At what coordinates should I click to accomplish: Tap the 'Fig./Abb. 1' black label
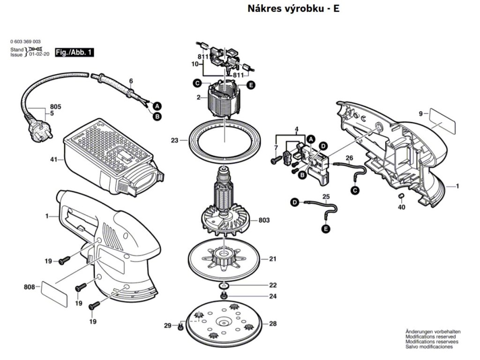(x=74, y=52)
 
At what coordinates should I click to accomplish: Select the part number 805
(x=55, y=107)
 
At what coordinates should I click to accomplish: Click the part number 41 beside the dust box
(x=54, y=160)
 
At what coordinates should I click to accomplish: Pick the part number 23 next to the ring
(x=175, y=140)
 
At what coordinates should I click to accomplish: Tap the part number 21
(x=272, y=258)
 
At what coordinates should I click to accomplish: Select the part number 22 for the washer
(x=272, y=285)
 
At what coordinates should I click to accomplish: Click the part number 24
(x=272, y=296)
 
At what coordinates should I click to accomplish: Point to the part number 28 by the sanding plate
(x=272, y=324)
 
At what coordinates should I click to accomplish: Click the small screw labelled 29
(x=180, y=327)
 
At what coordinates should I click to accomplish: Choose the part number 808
(x=30, y=286)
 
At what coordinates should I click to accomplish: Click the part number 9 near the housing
(x=420, y=113)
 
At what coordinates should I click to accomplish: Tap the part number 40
(x=401, y=207)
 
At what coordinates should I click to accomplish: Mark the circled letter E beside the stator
(x=251, y=85)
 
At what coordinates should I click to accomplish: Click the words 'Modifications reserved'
(x=430, y=337)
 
